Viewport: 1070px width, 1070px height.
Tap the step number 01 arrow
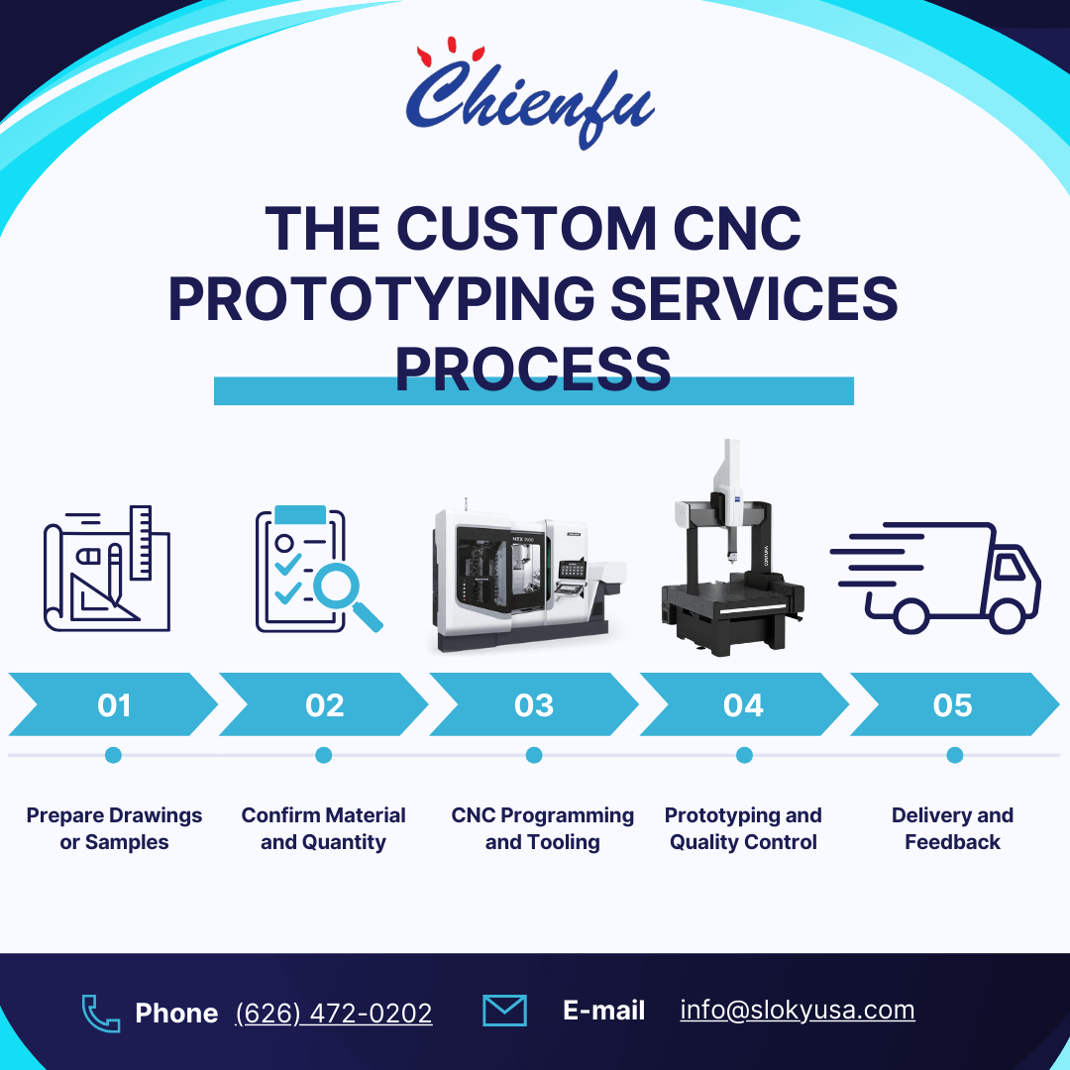pyautogui.click(x=113, y=704)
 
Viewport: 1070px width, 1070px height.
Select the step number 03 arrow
pyautogui.click(x=534, y=704)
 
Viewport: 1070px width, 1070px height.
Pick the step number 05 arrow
pyautogui.click(x=954, y=704)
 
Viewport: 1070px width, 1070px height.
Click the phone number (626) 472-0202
pyautogui.click(x=334, y=1014)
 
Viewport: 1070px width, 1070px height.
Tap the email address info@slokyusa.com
pyautogui.click(x=797, y=1010)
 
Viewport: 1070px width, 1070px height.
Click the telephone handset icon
pyautogui.click(x=100, y=1014)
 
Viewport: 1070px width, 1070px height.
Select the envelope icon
pyautogui.click(x=504, y=1011)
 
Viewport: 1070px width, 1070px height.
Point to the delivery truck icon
pyautogui.click(x=935, y=578)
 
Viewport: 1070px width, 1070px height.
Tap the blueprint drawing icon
pyautogui.click(x=107, y=569)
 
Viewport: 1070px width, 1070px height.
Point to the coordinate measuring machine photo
pyautogui.click(x=733, y=548)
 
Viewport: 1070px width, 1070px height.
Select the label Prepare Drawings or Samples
pyautogui.click(x=114, y=828)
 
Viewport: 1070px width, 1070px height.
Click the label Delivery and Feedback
pyautogui.click(x=953, y=828)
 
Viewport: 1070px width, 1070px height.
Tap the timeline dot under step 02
pyautogui.click(x=323, y=755)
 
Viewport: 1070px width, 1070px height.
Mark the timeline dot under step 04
pyautogui.click(x=744, y=755)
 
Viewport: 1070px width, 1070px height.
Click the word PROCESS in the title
pyautogui.click(x=533, y=370)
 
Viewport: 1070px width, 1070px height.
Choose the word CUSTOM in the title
pyautogui.click(x=526, y=228)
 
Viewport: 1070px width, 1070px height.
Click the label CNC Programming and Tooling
pyautogui.click(x=543, y=828)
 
